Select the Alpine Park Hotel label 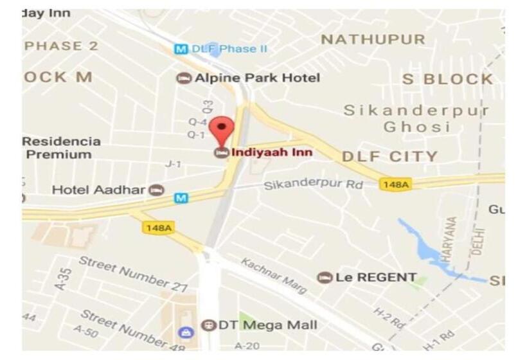click(257, 78)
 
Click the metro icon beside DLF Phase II click(181, 49)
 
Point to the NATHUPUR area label click(373, 40)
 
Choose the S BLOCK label click(447, 79)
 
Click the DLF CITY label click(389, 156)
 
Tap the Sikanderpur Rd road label click(314, 185)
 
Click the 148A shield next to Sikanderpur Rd click(395, 184)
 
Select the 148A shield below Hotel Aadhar click(159, 228)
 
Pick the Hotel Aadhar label click(100, 190)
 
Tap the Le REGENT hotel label click(376, 278)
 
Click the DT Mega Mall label click(267, 325)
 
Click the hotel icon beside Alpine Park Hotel click(184, 78)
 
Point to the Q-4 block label click(197, 122)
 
